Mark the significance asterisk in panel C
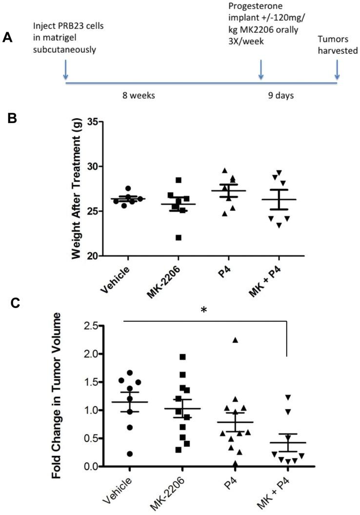point(204,310)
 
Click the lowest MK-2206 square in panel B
point(179,238)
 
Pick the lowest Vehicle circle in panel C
point(129,454)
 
